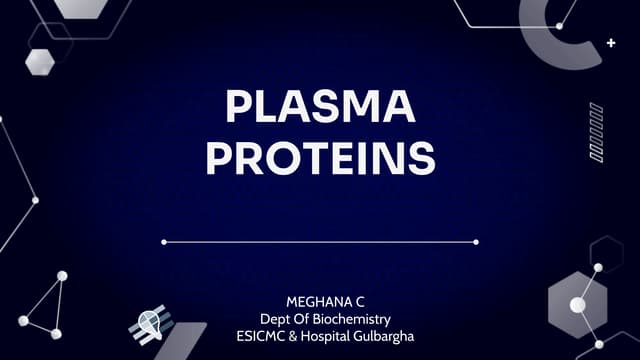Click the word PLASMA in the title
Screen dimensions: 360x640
point(321,107)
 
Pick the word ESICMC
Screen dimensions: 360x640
point(258,334)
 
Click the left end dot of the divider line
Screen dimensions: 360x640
point(164,242)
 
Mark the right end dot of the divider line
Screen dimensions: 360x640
point(476,242)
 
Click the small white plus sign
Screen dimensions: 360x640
point(611,43)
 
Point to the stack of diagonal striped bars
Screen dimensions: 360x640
point(596,132)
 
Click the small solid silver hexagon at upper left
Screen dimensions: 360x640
point(40,60)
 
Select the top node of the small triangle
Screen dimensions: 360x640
point(62,276)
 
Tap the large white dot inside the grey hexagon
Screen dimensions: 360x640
point(575,306)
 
